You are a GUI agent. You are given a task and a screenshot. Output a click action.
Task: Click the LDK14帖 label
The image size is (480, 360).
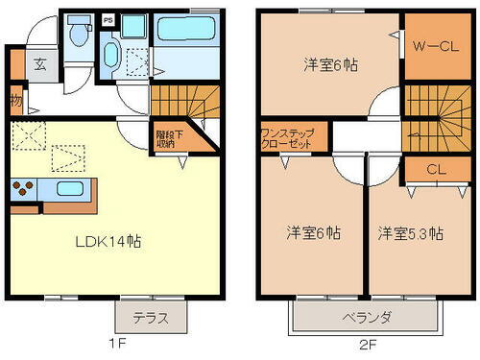coord(108,242)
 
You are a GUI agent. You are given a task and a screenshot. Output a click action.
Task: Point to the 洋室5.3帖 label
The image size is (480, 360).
coord(409,233)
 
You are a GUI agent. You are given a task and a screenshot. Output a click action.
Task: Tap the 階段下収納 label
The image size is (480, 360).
coord(165,140)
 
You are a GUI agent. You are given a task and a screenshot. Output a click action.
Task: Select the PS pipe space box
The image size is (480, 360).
coord(108,19)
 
